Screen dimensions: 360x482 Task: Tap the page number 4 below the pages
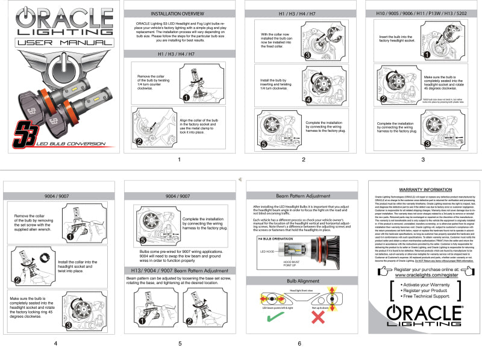(55, 344)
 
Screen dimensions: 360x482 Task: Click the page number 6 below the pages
(299, 344)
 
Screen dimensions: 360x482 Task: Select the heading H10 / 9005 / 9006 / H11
(425, 13)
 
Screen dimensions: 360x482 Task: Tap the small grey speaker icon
(240, 179)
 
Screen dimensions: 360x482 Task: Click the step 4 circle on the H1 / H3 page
(308, 99)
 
